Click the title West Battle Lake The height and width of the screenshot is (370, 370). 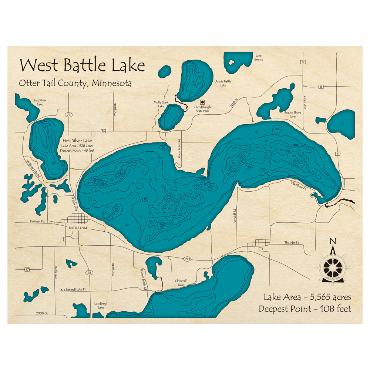[x=82, y=65]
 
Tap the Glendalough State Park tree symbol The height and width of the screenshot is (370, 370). [x=202, y=102]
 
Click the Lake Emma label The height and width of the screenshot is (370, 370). [x=258, y=57]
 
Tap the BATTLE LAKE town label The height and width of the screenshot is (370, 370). [x=78, y=228]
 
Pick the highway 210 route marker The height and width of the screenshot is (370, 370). [x=187, y=259]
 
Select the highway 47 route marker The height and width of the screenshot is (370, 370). [x=27, y=269]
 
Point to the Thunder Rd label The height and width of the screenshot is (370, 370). [x=292, y=242]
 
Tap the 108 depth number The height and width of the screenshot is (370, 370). [x=296, y=161]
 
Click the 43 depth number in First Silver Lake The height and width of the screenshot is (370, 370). [x=45, y=127]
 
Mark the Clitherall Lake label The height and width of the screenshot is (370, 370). [x=181, y=283]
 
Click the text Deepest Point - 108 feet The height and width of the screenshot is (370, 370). [x=305, y=309]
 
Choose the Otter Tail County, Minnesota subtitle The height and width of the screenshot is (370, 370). [x=75, y=83]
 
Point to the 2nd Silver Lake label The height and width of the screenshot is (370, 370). [x=40, y=102]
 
